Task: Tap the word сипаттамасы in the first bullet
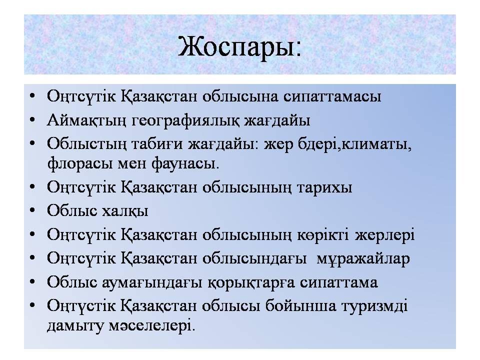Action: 332,96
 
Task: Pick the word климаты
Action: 376,144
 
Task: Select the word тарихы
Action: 324,187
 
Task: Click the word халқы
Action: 124,211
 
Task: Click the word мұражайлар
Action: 363,258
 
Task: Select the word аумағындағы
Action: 152,282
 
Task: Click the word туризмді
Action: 374,306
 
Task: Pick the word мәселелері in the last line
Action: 151,325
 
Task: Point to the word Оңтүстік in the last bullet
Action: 81,306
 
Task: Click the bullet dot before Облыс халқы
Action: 32,211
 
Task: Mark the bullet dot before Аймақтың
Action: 32,120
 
